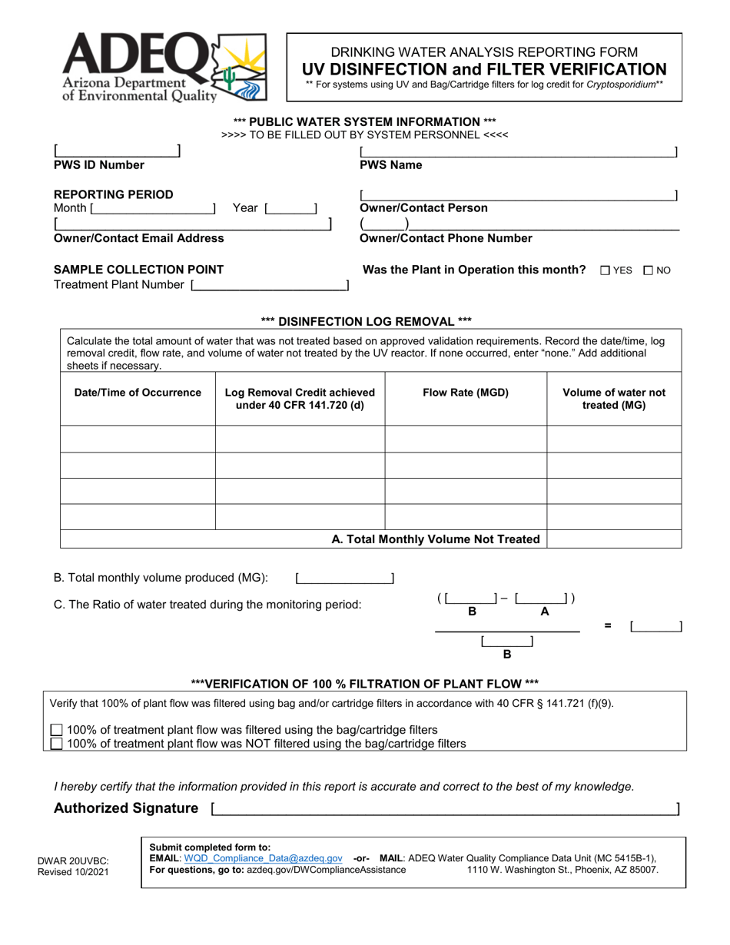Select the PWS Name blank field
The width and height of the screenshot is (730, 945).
[519, 151]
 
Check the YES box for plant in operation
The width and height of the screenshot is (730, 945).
[606, 270]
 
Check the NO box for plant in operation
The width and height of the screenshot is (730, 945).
[649, 270]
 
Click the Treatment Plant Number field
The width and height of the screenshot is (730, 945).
[269, 286]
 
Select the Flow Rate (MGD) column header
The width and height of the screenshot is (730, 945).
[466, 393]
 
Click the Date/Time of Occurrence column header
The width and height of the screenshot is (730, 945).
[138, 393]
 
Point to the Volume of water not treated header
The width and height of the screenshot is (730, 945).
[614, 399]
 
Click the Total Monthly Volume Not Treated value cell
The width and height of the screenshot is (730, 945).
[614, 539]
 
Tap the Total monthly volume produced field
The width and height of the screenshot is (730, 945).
[344, 579]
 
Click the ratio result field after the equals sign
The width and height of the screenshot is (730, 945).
[655, 627]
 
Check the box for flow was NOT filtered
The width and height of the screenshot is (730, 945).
[57, 744]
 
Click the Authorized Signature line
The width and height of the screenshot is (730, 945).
[444, 808]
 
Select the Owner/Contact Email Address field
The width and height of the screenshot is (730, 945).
[192, 224]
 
